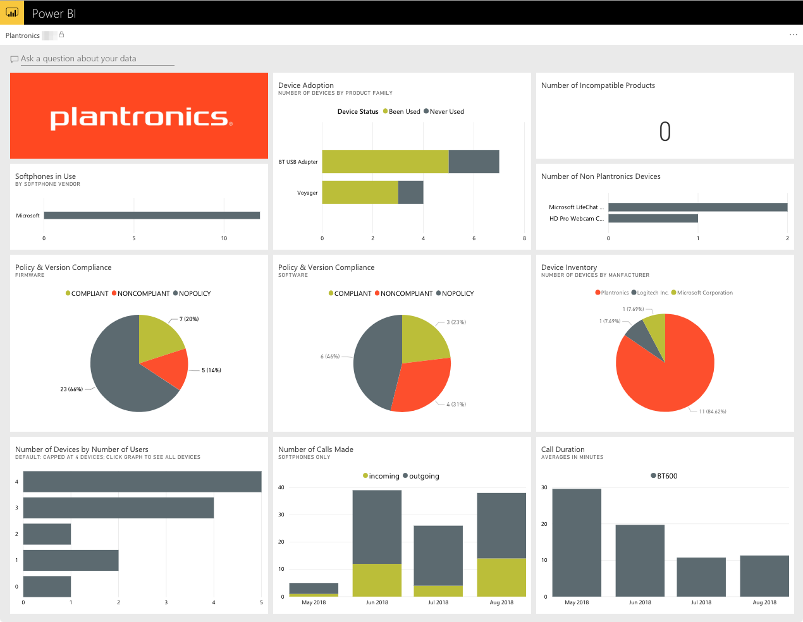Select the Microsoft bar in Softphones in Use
click(152, 216)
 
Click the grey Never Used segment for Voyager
click(411, 193)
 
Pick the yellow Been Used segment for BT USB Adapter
click(385, 162)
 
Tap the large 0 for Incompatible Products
click(665, 131)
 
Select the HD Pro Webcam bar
click(653, 219)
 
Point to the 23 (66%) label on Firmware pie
click(71, 389)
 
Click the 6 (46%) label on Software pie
click(330, 357)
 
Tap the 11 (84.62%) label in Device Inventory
click(713, 412)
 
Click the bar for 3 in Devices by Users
click(118, 508)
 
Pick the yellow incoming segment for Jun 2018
click(377, 580)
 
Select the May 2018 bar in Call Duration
click(577, 542)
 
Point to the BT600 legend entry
click(665, 476)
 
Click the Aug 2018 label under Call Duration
click(764, 602)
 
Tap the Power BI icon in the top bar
click(12, 13)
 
